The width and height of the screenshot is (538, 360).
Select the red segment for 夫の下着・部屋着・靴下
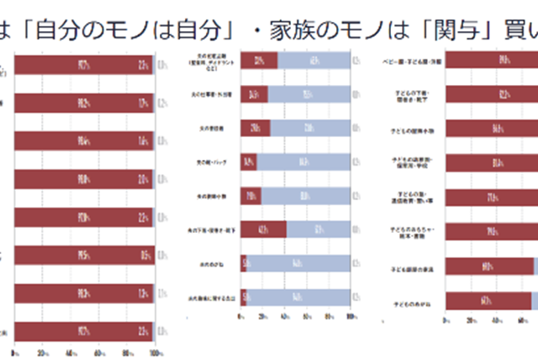pyautogui.click(x=263, y=230)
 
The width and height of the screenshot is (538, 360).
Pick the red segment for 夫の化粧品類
pyautogui.click(x=259, y=60)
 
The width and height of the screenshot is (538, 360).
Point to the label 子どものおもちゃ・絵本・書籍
pyautogui.click(x=407, y=232)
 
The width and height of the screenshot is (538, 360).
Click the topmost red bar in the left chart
pyautogui.click(x=82, y=65)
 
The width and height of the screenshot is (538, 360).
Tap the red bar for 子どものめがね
pyautogui.click(x=488, y=301)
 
